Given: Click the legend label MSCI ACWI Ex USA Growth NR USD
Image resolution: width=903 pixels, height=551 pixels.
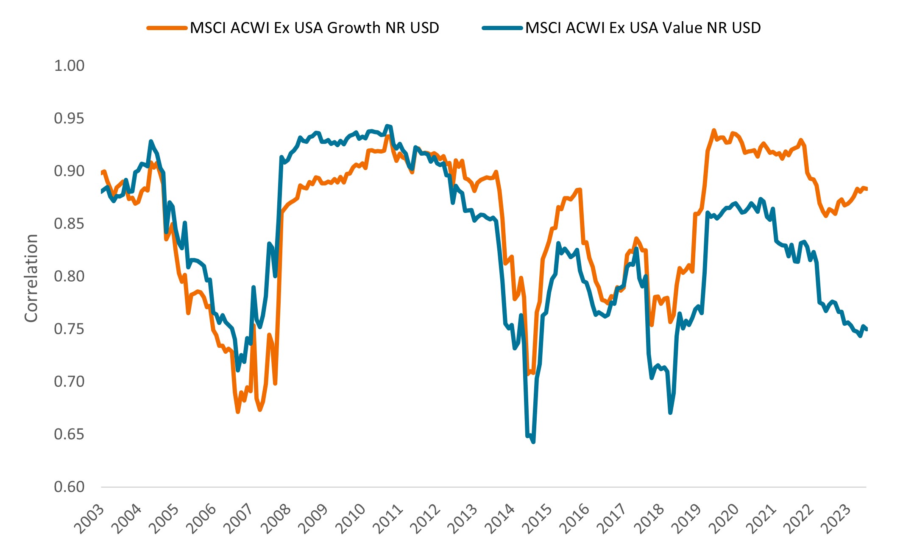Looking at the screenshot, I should [x=314, y=28].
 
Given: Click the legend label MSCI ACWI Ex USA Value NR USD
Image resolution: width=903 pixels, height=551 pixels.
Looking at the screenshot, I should [x=643, y=28].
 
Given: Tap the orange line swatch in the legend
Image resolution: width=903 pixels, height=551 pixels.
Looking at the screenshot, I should [x=167, y=28].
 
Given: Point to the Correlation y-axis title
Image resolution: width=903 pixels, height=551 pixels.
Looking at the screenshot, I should [x=31, y=278].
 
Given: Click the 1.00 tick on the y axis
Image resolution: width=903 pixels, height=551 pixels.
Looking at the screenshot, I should [x=69, y=66].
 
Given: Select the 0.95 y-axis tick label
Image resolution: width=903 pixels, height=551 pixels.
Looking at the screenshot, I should [x=69, y=118].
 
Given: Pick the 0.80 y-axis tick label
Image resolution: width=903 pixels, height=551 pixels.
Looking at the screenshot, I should [x=69, y=276].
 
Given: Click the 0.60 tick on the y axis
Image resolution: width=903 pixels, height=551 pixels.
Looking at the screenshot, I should [x=69, y=487].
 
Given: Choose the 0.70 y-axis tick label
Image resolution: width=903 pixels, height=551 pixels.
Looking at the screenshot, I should [x=69, y=381].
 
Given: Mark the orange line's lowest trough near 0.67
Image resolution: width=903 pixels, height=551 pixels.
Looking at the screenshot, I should [x=238, y=411].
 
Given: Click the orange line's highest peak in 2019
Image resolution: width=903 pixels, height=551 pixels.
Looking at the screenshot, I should [x=714, y=130].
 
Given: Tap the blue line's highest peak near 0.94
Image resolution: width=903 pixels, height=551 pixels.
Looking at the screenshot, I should [x=387, y=126].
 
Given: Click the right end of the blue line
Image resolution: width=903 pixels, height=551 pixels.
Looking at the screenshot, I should [x=866, y=329].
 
